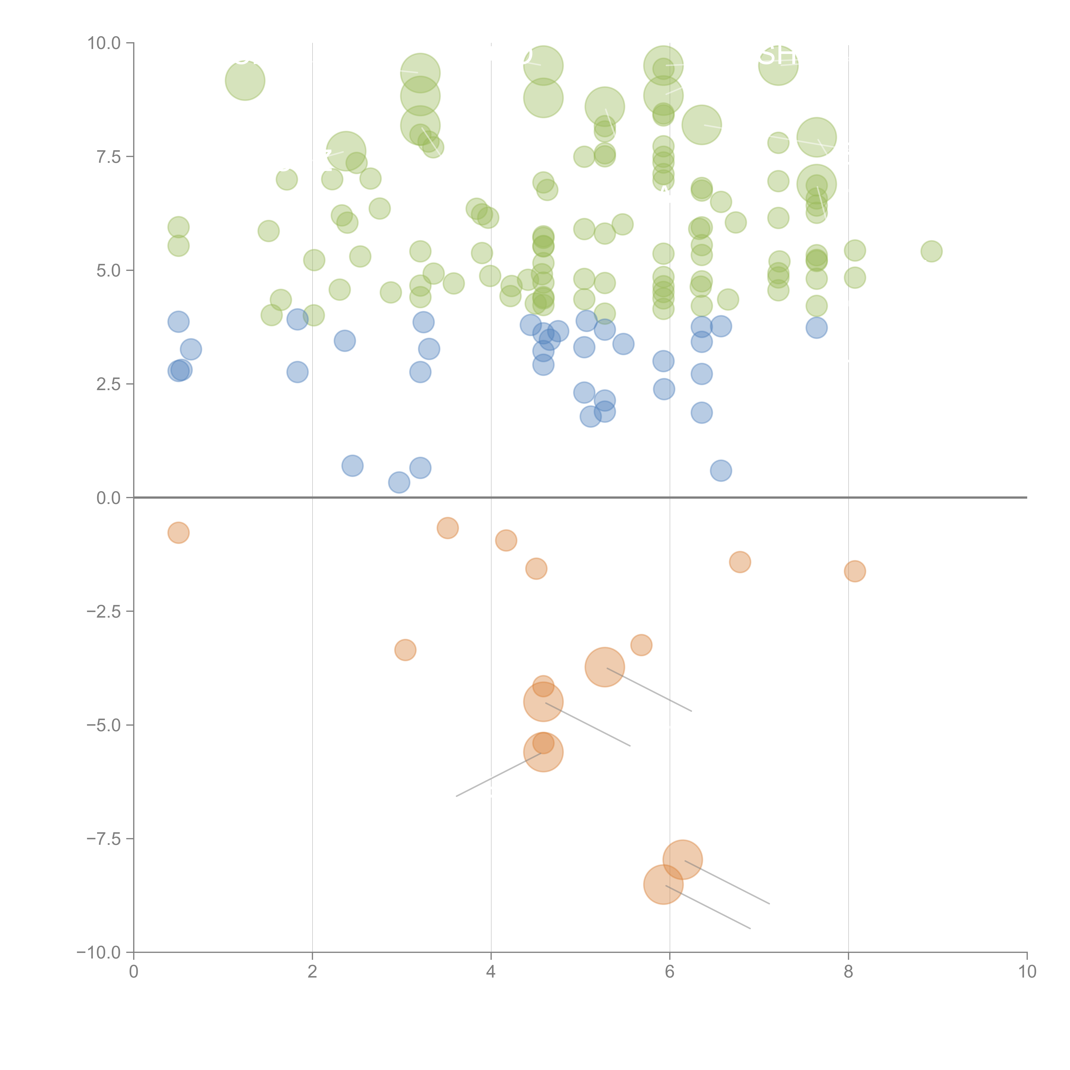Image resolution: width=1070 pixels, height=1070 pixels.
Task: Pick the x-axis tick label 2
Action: click(312, 972)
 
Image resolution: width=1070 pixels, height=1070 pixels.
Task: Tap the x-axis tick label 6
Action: click(670, 972)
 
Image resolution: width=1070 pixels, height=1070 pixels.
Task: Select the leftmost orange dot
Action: click(178, 533)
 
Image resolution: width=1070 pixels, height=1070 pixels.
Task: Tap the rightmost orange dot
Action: click(855, 571)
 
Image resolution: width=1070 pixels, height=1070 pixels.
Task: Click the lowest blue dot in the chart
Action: click(399, 482)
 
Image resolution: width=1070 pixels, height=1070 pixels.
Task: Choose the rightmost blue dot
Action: click(816, 328)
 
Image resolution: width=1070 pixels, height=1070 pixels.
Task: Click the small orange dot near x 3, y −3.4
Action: click(405, 650)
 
